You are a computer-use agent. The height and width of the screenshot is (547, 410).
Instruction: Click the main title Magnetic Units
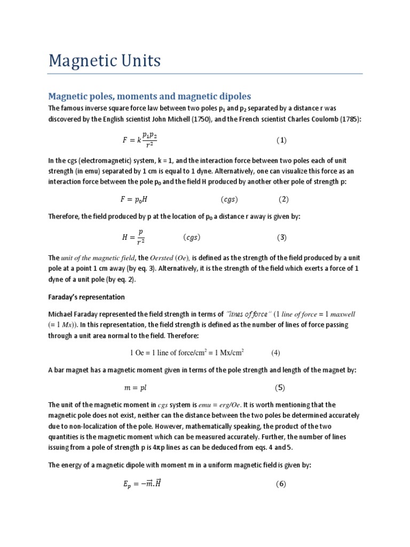pyautogui.click(x=104, y=61)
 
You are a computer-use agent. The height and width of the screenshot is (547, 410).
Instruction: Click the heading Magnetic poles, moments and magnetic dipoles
pyautogui.click(x=149, y=96)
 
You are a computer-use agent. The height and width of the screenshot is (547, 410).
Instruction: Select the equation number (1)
pyautogui.click(x=281, y=140)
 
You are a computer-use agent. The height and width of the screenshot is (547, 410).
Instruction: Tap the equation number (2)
pyautogui.click(x=283, y=199)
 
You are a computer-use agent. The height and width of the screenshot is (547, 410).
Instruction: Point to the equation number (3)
pyautogui.click(x=282, y=237)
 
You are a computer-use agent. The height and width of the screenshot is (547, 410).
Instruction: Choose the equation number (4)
pyautogui.click(x=275, y=353)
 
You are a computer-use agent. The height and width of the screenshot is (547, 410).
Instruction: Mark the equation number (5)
pyautogui.click(x=281, y=388)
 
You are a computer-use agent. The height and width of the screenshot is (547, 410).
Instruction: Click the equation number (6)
pyautogui.click(x=281, y=485)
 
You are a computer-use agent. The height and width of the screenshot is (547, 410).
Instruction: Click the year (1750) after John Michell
pyautogui.click(x=199, y=119)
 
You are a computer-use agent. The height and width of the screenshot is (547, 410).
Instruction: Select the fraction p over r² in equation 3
pyautogui.click(x=140, y=237)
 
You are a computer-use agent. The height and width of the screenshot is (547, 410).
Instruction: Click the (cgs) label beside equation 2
pyautogui.click(x=229, y=200)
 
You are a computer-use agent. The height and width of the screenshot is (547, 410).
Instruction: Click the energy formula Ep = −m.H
pyautogui.click(x=141, y=485)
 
